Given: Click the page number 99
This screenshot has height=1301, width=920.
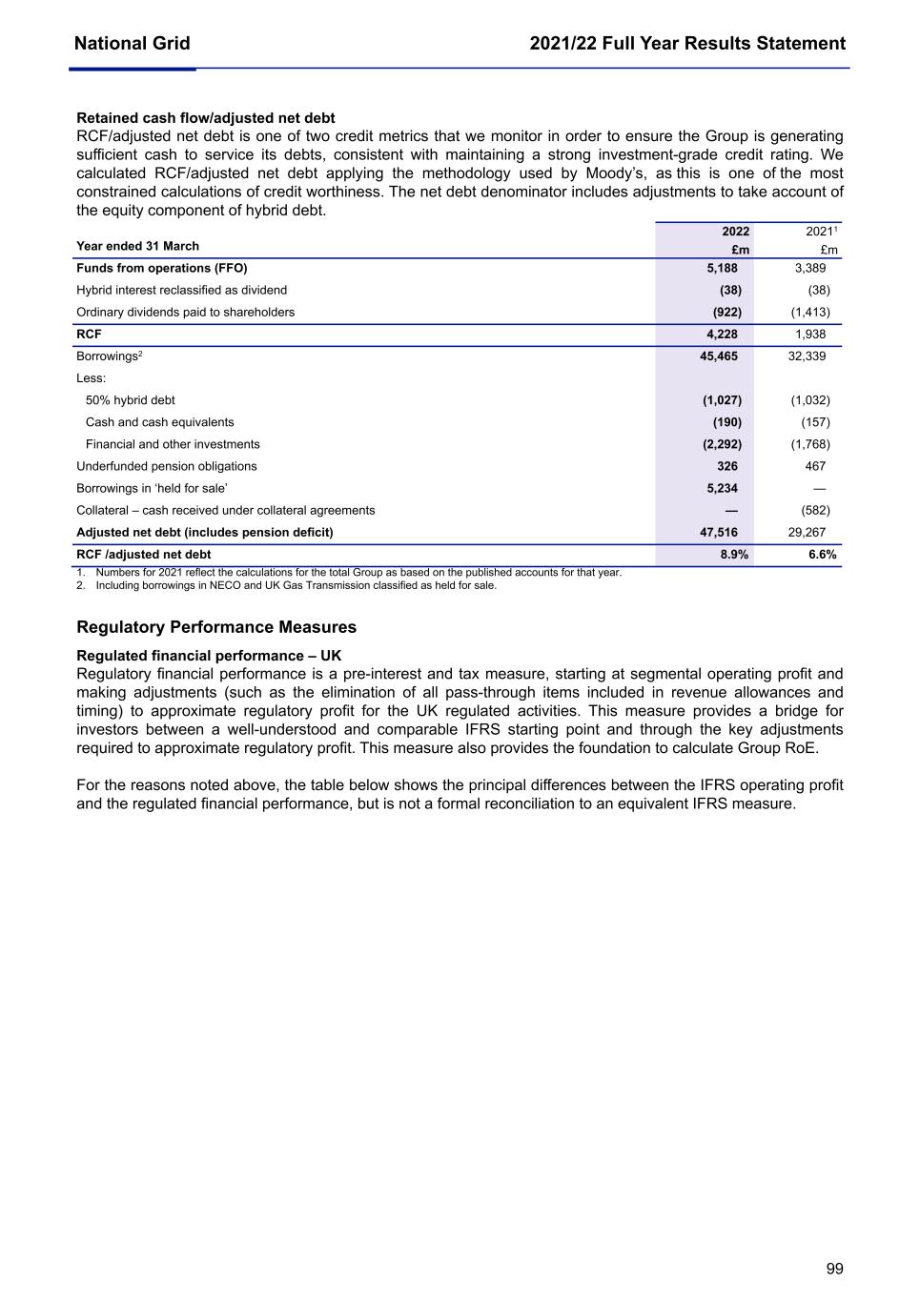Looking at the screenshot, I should coord(834,1269).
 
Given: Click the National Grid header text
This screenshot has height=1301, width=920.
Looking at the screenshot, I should coord(132,43).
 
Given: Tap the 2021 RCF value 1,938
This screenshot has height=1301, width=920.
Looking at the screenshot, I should coord(809,334).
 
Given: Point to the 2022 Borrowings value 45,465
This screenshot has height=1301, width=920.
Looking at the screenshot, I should coord(719,356).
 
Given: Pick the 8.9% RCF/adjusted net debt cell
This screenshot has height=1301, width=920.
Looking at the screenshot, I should coord(733,554).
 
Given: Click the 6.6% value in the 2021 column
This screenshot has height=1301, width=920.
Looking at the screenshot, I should coord(822,554).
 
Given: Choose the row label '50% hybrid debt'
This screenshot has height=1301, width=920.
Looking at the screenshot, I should coord(130,400).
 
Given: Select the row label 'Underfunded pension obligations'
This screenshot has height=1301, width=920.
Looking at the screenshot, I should coord(166,466).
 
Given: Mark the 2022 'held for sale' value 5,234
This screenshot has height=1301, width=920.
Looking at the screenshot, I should coord(722,488).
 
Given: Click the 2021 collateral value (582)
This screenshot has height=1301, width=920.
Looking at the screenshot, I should coord(815,510).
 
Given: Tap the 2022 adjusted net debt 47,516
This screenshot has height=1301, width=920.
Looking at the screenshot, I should coord(719,532).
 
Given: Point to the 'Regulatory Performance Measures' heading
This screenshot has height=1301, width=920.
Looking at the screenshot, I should coord(216,627).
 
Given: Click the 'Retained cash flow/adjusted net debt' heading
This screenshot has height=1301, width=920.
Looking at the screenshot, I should coord(205,118).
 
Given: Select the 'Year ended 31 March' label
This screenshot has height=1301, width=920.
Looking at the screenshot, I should coord(137,246).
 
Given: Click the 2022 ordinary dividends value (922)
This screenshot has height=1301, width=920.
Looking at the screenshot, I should coord(726,312).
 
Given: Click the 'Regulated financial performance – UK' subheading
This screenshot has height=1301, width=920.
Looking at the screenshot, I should coord(208,656).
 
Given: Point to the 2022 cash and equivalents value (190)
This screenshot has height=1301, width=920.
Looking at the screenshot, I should coord(726,422).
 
